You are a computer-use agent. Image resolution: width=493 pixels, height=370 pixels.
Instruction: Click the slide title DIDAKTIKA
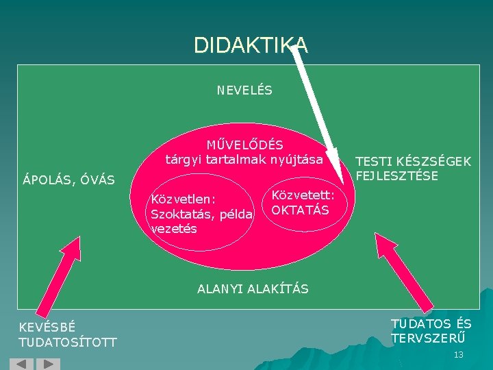[251, 45]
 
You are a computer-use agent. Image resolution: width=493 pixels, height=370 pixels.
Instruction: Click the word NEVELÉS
[244, 90]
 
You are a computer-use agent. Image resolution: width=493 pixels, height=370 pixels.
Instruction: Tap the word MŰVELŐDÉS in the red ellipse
[244, 145]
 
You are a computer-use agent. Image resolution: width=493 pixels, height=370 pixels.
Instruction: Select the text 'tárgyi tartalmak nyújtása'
[244, 160]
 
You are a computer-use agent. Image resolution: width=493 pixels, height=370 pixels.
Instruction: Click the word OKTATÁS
[301, 210]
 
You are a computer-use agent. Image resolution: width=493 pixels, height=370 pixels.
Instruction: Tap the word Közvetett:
[303, 195]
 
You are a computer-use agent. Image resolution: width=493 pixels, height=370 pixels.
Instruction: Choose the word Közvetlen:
[184, 199]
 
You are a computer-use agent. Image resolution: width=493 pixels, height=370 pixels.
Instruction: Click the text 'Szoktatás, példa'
[201, 214]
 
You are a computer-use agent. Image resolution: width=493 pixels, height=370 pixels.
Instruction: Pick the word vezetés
[173, 229]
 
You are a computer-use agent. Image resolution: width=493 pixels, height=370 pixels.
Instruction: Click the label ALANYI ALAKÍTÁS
[253, 289]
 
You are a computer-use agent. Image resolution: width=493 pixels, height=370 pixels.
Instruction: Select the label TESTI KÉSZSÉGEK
[412, 162]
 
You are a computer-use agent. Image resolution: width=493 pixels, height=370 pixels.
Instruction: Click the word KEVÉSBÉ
[47, 327]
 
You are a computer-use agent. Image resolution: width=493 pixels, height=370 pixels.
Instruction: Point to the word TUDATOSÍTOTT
[68, 342]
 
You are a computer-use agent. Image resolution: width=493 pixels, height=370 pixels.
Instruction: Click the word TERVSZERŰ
[427, 338]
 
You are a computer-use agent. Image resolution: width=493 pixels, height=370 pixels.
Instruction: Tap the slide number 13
[458, 354]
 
